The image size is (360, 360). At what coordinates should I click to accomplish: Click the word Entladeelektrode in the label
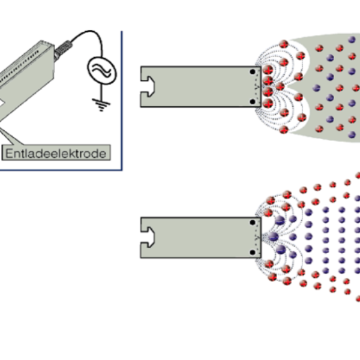click(57, 154)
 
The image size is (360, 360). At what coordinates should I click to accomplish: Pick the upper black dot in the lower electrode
click(253, 224)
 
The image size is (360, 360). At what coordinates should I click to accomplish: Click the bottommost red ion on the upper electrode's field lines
click(284, 130)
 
